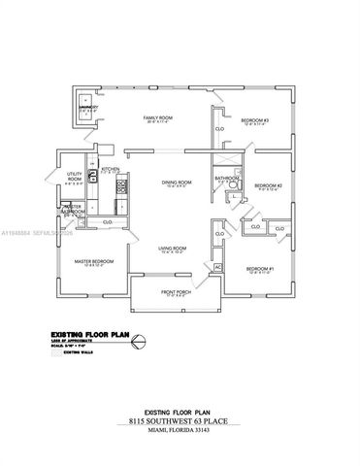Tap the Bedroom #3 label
pos(256,119)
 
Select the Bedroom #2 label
pos(267,185)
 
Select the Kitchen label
pos(110,168)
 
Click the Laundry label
pos(87,108)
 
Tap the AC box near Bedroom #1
pos(218,266)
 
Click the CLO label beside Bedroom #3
pos(219,128)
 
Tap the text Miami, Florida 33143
pos(179,433)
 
